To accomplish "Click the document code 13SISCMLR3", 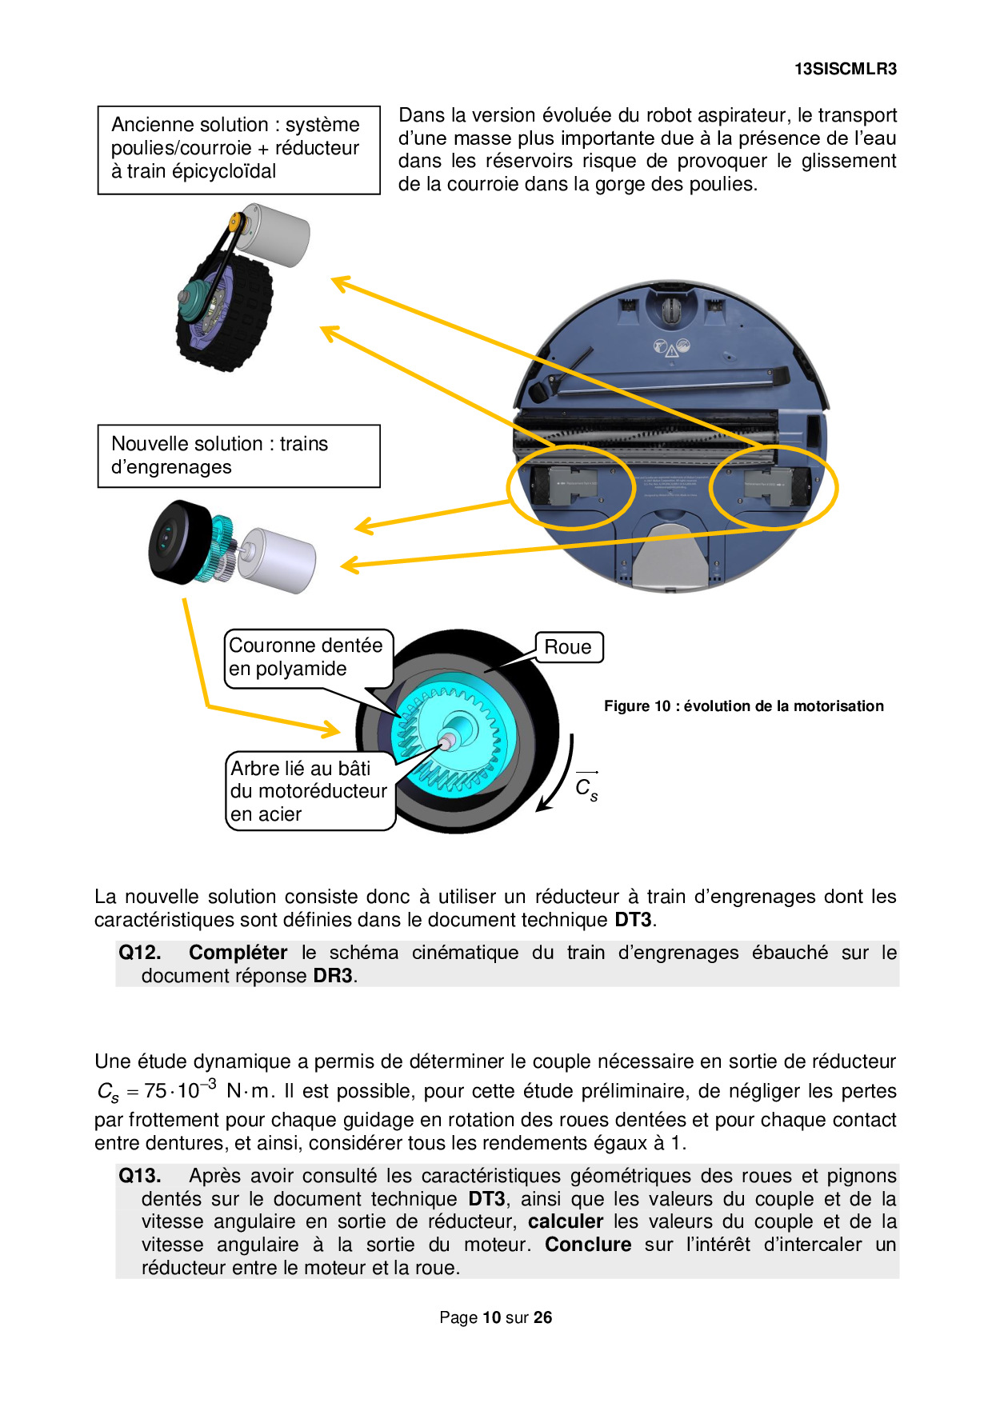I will (845, 69).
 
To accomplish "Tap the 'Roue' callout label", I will (568, 647).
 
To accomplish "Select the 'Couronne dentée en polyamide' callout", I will (306, 657).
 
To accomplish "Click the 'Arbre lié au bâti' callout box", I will (309, 791).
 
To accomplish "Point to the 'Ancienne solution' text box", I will (238, 149).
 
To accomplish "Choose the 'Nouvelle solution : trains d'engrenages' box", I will (238, 455).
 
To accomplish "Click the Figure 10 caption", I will (743, 706).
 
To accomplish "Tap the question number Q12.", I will (140, 953).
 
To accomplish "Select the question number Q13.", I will (140, 1176).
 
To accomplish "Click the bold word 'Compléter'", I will (238, 953).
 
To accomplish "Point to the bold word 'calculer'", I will (565, 1221).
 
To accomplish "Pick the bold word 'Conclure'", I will (588, 1245).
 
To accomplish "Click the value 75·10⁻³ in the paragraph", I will (180, 1091).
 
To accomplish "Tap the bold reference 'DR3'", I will (333, 976).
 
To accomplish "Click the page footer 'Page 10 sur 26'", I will (495, 1317).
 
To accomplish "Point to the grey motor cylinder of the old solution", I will (276, 234).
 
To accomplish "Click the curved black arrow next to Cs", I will (560, 776).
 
